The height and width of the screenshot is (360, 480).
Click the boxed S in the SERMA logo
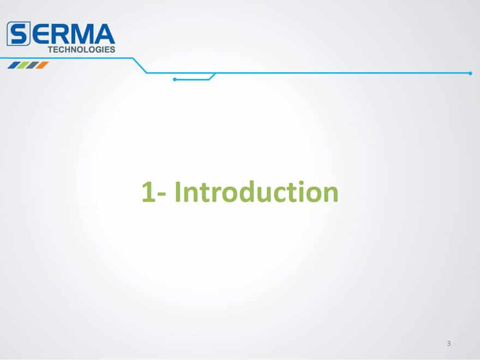19,34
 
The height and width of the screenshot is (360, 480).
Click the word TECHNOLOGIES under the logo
81,50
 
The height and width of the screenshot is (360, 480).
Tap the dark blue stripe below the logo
13,65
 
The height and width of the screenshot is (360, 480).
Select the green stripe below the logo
23,65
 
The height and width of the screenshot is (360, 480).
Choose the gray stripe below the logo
33,65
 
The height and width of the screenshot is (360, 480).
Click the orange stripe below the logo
43,65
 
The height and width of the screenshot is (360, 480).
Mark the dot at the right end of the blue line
470,73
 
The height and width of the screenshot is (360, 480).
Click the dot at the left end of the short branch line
175,80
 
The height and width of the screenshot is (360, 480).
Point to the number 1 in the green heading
148,192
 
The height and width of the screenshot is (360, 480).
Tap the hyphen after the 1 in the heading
163,194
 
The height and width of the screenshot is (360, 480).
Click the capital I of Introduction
178,191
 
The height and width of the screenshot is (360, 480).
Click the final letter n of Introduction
331,194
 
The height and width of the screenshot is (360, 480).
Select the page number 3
449,344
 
